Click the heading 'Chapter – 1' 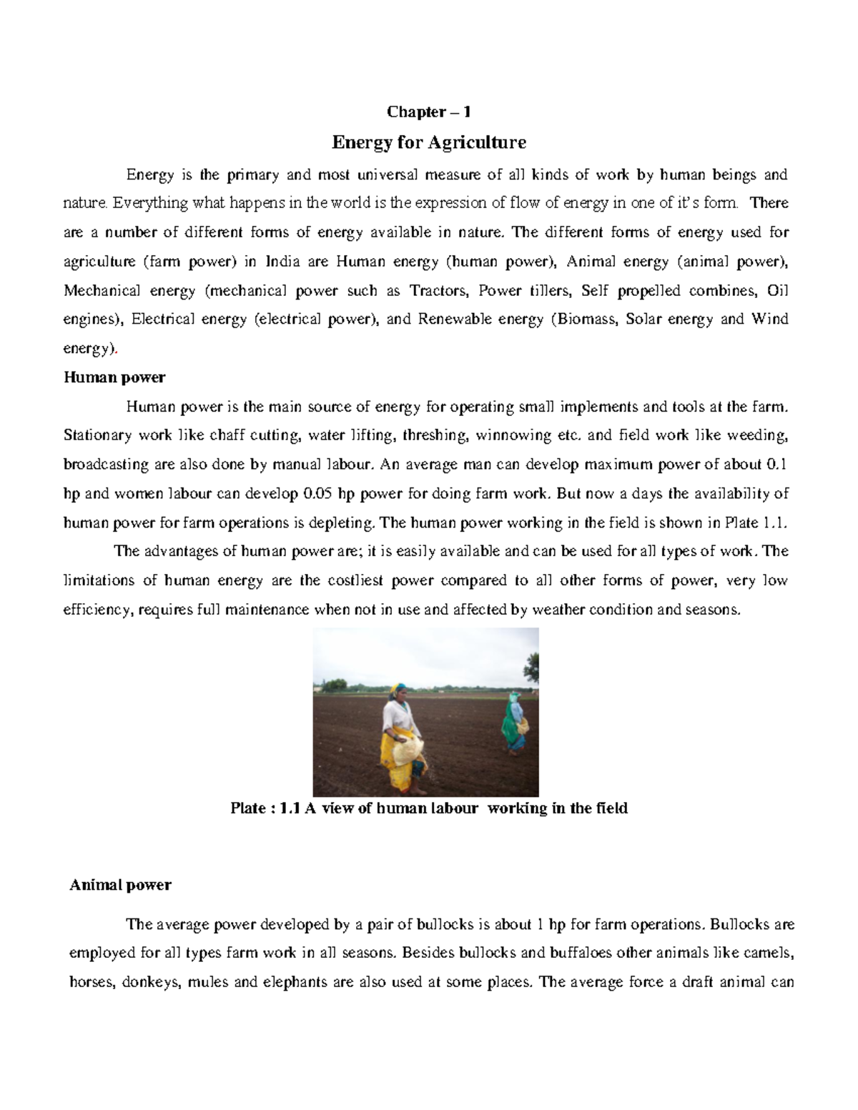428,112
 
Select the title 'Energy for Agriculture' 428,143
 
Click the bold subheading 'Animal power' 120,885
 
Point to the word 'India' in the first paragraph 282,262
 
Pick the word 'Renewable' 448,319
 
